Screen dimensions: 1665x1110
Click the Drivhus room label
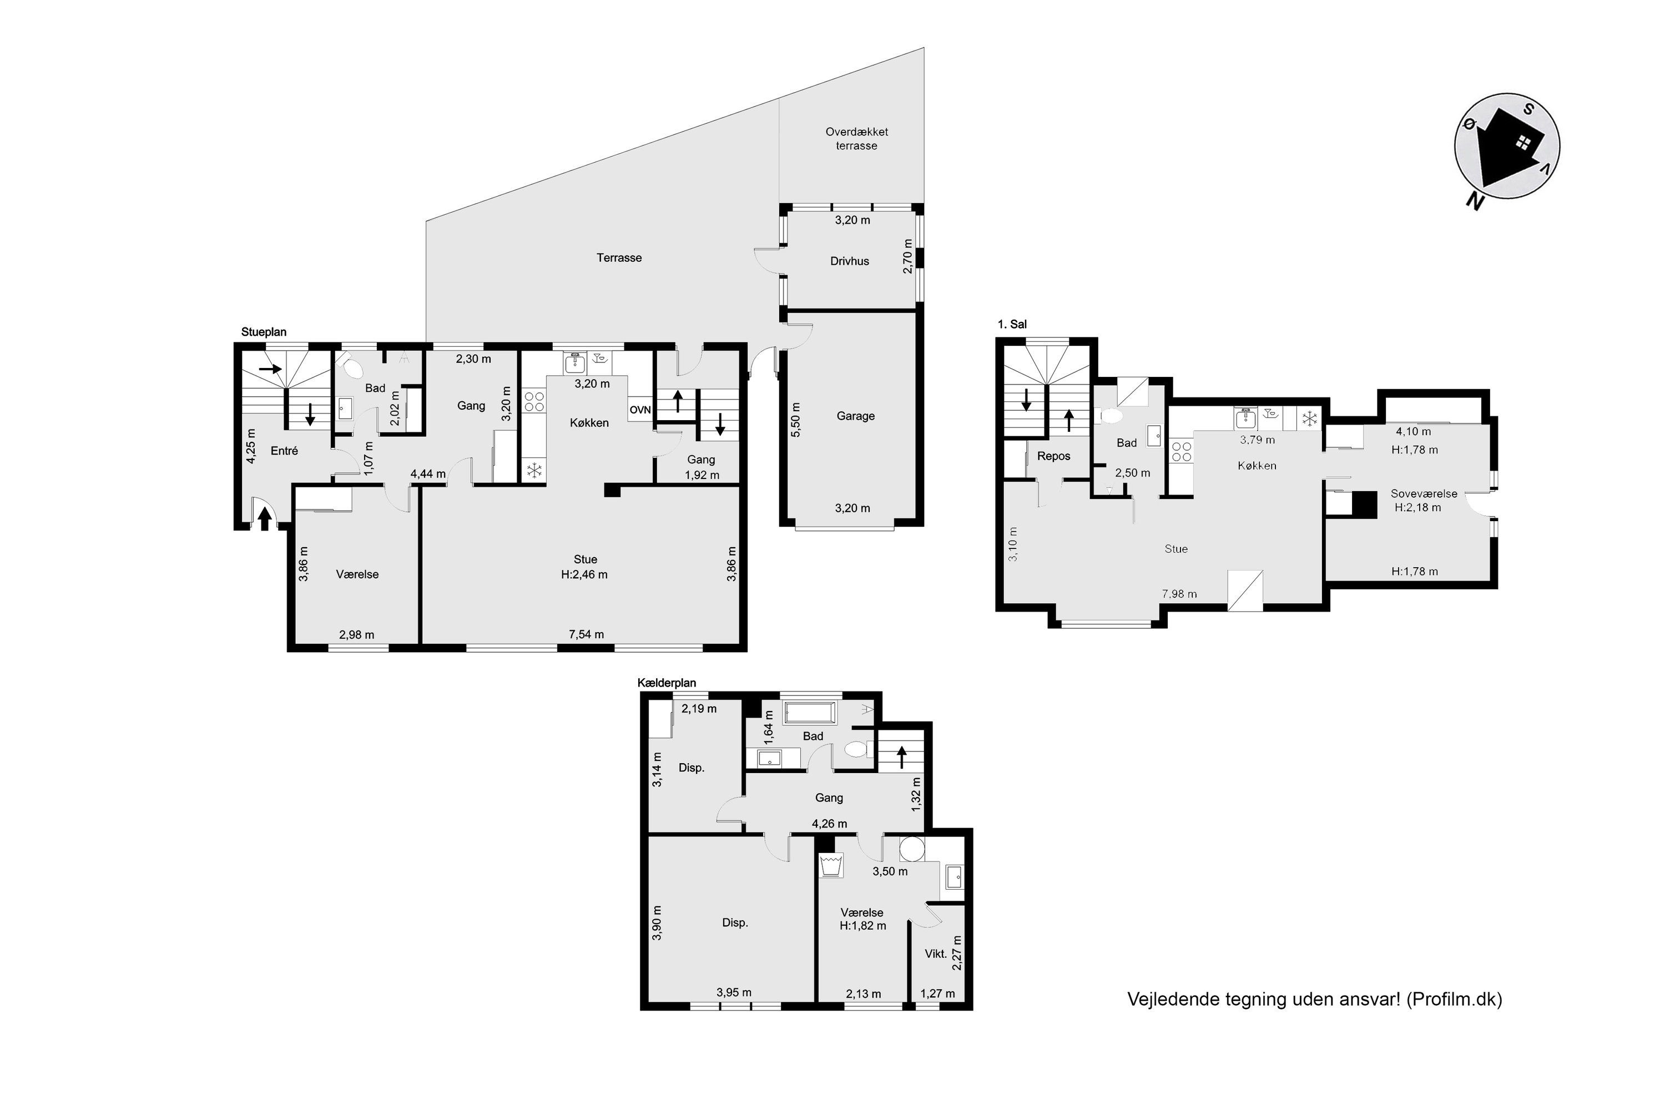(x=850, y=261)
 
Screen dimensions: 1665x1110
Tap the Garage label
(x=855, y=416)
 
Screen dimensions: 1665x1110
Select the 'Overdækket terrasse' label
(x=856, y=139)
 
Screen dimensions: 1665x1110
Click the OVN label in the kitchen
(x=640, y=410)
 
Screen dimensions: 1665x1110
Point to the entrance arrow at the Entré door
(x=265, y=519)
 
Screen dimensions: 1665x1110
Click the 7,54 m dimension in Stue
(x=586, y=634)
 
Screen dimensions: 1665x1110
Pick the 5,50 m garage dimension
(x=796, y=420)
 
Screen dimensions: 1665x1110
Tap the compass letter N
(x=1475, y=202)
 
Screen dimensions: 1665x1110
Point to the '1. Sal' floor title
(x=1012, y=324)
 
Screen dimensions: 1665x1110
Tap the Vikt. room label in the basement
(x=936, y=953)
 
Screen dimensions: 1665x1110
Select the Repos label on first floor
(x=1053, y=456)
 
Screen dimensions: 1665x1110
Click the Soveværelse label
(x=1424, y=494)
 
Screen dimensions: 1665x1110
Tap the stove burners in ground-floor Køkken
(x=534, y=401)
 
